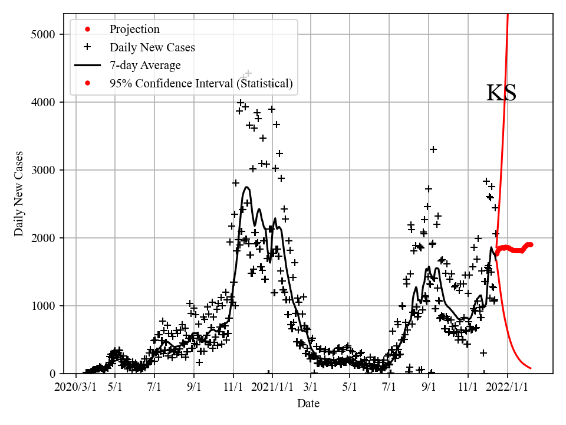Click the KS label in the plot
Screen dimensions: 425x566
501,93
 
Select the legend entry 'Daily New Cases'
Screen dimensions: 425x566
152,47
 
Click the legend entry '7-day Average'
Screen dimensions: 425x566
145,65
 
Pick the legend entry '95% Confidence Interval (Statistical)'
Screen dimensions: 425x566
200,83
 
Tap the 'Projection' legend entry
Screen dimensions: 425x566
134,29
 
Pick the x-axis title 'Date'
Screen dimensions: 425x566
308,404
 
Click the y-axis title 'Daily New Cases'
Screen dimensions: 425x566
19,194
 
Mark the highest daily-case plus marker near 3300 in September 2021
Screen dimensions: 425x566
433,149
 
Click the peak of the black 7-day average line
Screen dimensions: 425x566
247,188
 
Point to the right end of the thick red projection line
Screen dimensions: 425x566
531,244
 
